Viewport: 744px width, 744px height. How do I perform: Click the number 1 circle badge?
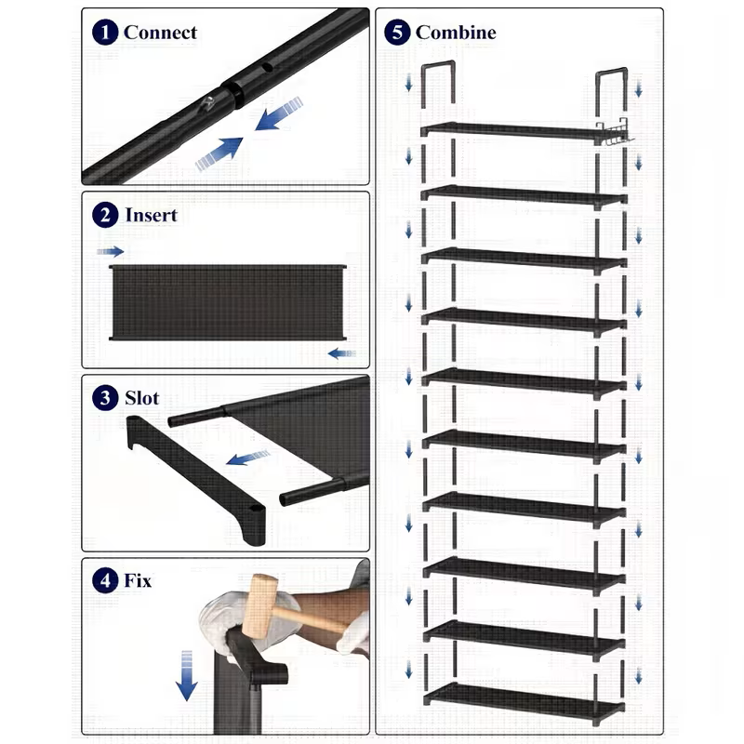(x=106, y=33)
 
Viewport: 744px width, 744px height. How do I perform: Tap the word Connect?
(x=160, y=33)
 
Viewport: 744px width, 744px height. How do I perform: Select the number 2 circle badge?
(x=106, y=215)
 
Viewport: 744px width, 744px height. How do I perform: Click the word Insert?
(x=150, y=215)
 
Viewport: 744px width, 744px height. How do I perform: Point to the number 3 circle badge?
(x=106, y=398)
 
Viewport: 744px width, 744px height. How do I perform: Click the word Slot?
(x=142, y=398)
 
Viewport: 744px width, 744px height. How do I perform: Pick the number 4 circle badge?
(x=106, y=581)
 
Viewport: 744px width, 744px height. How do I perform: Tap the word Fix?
(x=138, y=581)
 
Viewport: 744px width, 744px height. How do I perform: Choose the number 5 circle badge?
(x=398, y=33)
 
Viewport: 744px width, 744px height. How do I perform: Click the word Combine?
(x=456, y=33)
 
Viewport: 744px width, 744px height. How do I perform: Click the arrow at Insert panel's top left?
(x=110, y=251)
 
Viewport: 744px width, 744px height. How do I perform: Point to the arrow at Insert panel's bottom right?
(x=341, y=353)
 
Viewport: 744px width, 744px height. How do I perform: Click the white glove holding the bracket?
(x=223, y=618)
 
